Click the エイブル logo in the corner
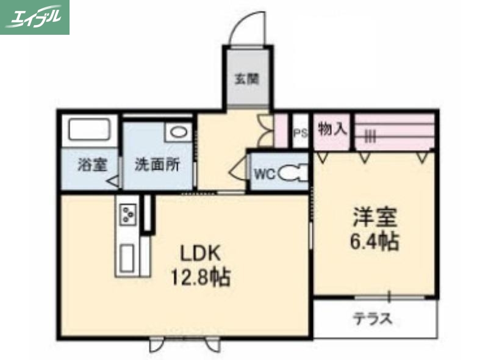coord(35,17)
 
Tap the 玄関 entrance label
coord(248,78)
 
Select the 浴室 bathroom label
coord(92,165)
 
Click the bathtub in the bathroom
coord(89,131)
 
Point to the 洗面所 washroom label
coord(157,165)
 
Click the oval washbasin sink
coord(179,131)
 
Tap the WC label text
coord(264,173)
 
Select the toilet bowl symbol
coord(292,174)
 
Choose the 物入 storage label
coord(332,129)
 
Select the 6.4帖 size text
coord(374,242)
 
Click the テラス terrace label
coord(372,319)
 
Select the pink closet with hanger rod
coord(394,131)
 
